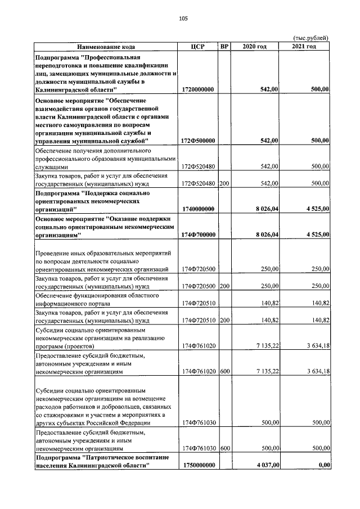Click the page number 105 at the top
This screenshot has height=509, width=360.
[183, 19]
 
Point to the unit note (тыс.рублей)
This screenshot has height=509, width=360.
[311, 38]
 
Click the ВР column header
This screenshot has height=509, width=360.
[225, 47]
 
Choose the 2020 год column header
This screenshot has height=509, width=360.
[254, 47]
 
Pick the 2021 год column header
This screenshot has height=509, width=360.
[304, 47]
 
